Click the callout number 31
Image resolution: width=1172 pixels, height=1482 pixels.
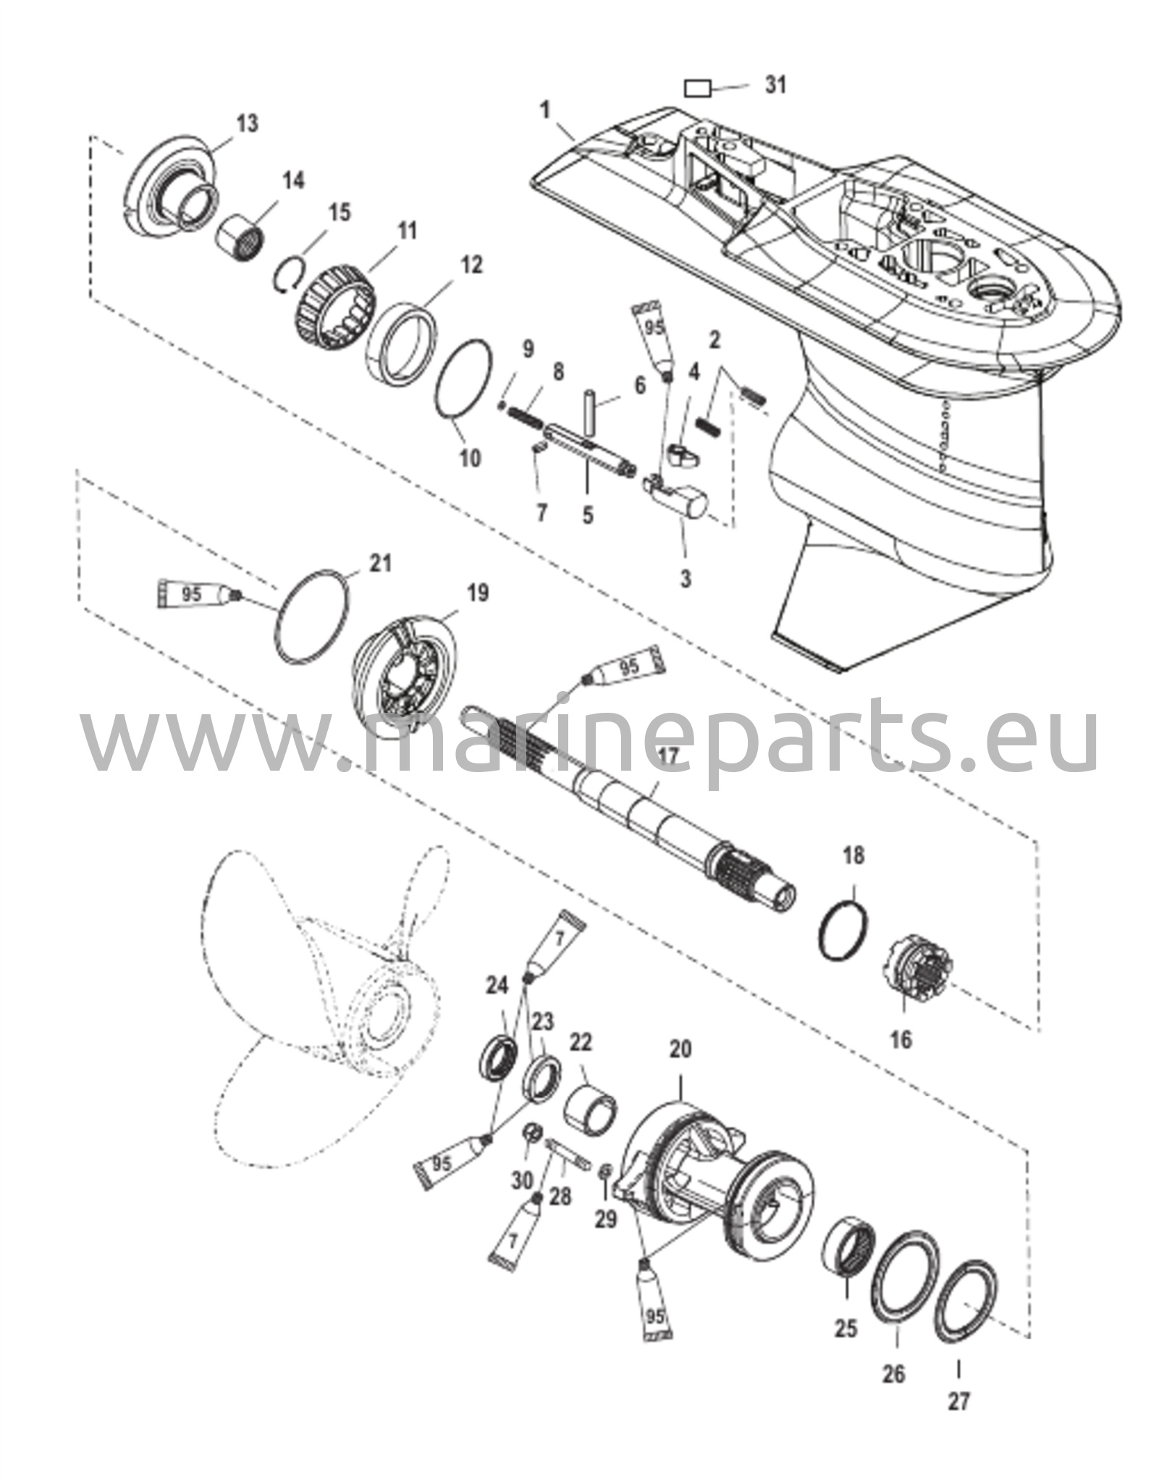click(x=775, y=85)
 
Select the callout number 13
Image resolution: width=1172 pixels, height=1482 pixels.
click(x=246, y=123)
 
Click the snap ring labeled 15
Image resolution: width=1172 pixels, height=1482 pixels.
click(x=292, y=273)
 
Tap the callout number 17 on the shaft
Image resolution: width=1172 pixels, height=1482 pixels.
click(x=667, y=757)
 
